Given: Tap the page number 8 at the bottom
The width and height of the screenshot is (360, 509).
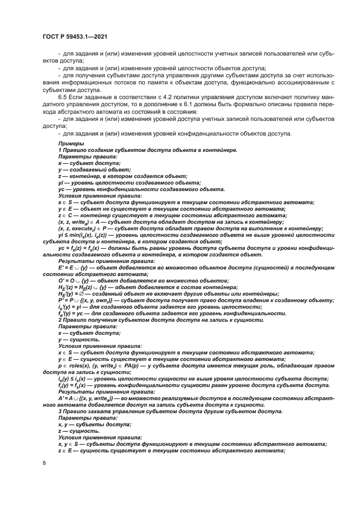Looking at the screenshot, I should (44, 462).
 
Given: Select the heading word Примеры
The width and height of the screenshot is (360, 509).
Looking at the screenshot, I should (69, 143).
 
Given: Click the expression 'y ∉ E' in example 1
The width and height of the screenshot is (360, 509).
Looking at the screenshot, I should (66, 208).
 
